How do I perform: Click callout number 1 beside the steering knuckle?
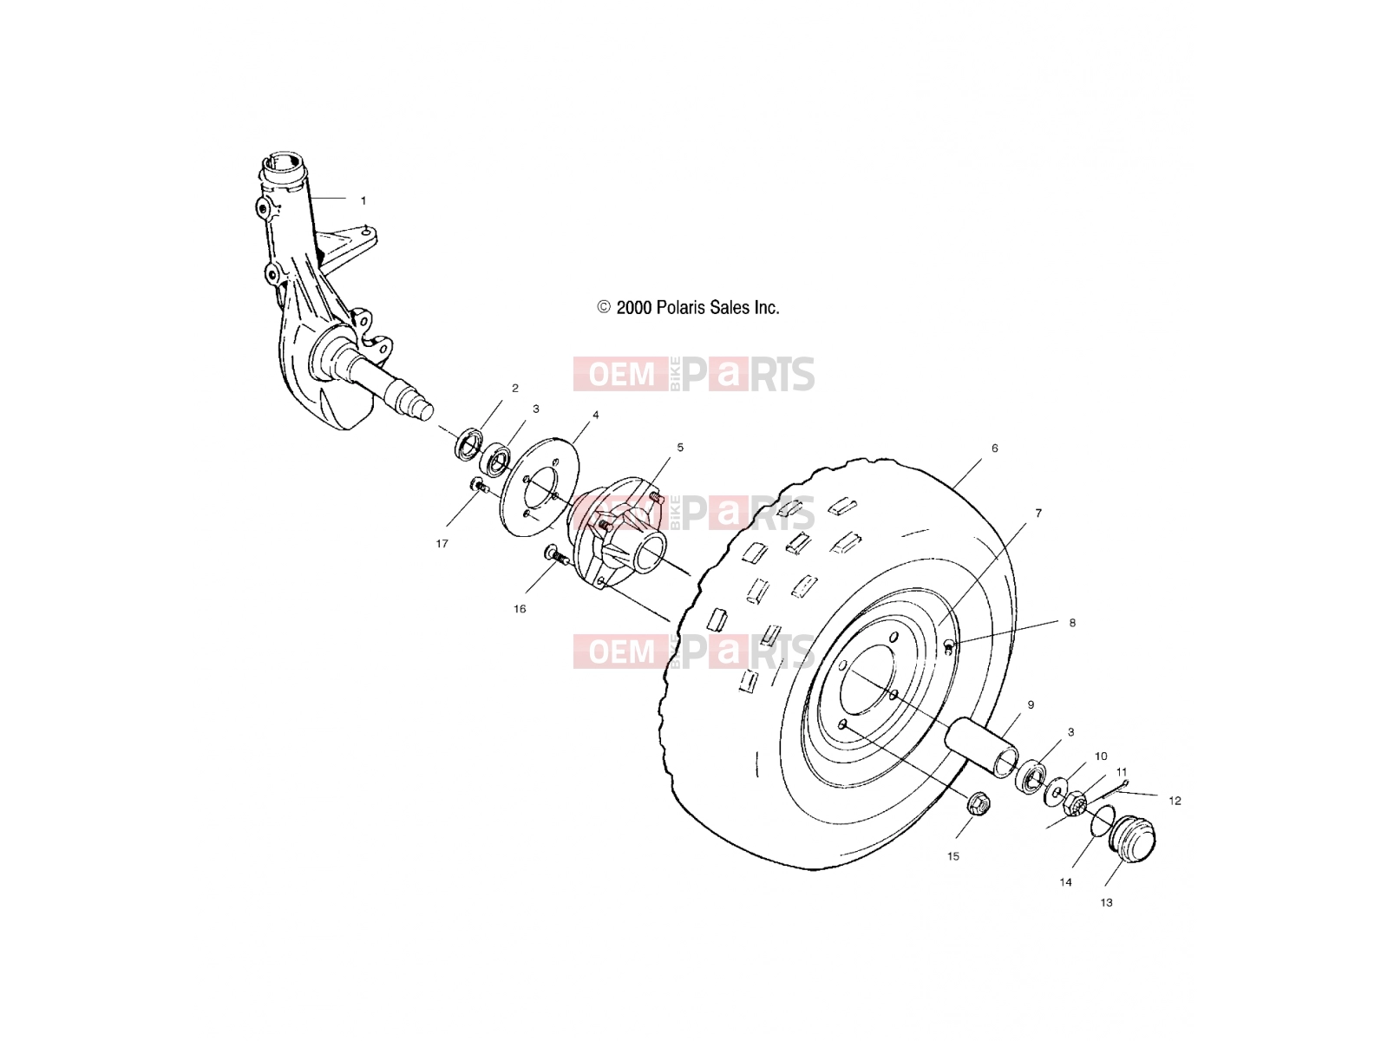tap(363, 200)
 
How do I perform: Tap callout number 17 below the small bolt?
tap(442, 544)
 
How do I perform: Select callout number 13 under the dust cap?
tap(1106, 902)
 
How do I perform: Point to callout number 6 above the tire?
tap(995, 448)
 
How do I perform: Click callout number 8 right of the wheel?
tap(1072, 623)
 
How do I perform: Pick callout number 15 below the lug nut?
tap(953, 856)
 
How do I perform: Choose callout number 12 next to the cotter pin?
tap(1175, 801)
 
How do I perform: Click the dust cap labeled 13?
tap(1131, 838)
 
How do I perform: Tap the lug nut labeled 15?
tap(979, 803)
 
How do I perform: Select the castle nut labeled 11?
tap(1076, 805)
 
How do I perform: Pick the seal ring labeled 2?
tap(468, 444)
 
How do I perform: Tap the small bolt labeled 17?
tap(478, 486)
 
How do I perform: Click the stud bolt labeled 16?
tap(556, 556)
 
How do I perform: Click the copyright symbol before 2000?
tap(604, 307)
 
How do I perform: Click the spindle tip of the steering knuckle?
tap(424, 411)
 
